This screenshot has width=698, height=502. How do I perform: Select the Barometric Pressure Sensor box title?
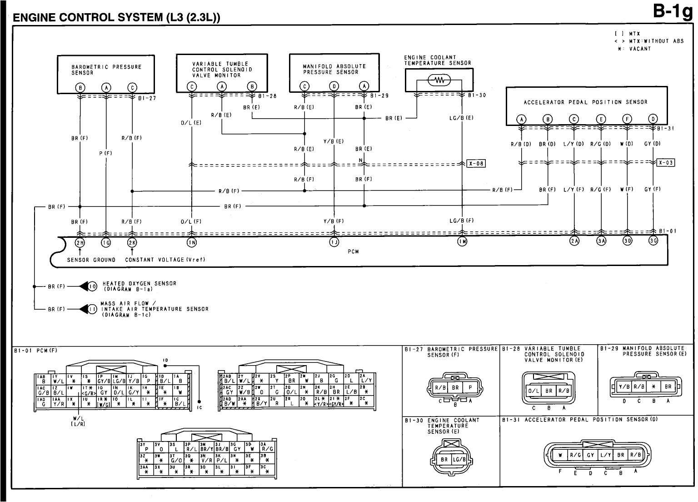(106, 70)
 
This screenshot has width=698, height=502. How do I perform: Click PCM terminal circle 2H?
(80, 242)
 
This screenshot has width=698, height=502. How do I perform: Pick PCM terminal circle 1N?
(192, 242)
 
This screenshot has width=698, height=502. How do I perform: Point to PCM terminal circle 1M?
(462, 242)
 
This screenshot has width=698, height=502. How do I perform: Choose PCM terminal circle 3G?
(653, 241)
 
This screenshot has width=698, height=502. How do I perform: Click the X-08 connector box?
(476, 164)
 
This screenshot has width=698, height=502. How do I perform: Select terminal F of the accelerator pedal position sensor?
(627, 120)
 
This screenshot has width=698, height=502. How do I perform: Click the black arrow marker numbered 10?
(89, 286)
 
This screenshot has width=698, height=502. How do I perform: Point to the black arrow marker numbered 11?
(89, 309)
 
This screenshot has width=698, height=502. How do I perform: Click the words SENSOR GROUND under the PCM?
(91, 260)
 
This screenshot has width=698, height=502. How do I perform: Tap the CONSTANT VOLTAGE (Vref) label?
(165, 260)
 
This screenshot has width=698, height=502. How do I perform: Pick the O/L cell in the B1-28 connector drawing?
(533, 391)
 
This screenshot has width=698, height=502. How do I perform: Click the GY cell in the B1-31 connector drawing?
(590, 454)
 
